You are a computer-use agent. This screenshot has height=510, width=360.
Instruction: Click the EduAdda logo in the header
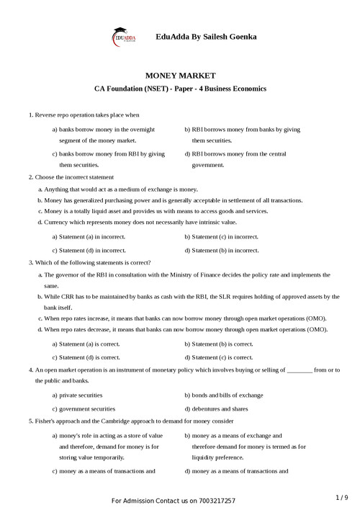pos(124,37)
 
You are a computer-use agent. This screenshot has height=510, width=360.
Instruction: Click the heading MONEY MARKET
pos(180,75)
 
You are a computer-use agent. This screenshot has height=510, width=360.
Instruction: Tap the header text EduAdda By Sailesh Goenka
pos(206,36)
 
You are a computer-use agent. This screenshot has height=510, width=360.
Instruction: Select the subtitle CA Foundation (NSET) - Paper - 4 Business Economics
pos(180,89)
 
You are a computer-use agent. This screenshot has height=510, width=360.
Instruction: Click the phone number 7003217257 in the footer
pos(214,500)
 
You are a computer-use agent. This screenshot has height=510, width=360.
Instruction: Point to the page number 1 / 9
pos(341,497)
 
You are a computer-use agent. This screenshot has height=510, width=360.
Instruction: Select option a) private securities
pos(77,395)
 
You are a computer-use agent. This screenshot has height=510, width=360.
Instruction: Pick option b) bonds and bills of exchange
pos(223,395)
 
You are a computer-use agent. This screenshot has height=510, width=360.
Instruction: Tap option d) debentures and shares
pos(217,408)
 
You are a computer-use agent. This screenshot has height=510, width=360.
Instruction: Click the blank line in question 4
pos(299,370)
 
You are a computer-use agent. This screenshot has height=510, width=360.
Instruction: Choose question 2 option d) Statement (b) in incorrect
pos(221,250)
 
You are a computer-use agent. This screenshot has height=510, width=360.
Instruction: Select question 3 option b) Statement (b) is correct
pos(218,344)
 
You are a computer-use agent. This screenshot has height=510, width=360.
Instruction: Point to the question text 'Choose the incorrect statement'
pos(74,176)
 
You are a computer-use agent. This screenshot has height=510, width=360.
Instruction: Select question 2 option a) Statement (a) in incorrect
pos(89,236)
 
